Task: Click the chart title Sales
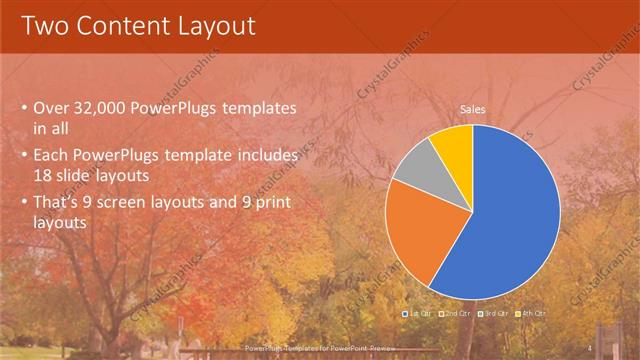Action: pos(473,108)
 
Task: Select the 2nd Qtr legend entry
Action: pos(455,314)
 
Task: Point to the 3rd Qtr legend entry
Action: pos(494,314)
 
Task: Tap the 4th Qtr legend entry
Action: pos(532,314)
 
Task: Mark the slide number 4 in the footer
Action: pos(590,348)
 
